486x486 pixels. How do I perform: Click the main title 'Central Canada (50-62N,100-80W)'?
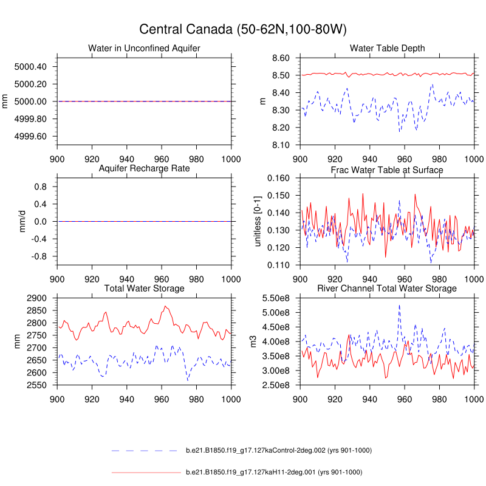pyautogui.click(x=243, y=29)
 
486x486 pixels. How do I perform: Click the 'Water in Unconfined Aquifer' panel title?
pyautogui.click(x=144, y=48)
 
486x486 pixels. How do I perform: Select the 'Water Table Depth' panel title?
pyautogui.click(x=387, y=48)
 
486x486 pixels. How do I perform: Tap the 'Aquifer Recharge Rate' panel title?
pyautogui.click(x=144, y=168)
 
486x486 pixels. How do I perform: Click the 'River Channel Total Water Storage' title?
pyautogui.click(x=387, y=288)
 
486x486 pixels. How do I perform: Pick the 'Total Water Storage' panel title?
pyautogui.click(x=144, y=288)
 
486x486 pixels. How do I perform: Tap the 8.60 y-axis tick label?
pyautogui.click(x=283, y=58)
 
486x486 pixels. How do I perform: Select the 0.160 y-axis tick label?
pyautogui.click(x=281, y=179)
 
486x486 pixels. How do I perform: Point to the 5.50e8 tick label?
pyautogui.click(x=278, y=298)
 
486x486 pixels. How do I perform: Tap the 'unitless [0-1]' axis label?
pyautogui.click(x=257, y=221)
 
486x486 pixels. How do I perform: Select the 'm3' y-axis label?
pyautogui.click(x=263, y=341)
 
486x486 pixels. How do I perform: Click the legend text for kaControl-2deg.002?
pyautogui.click(x=278, y=450)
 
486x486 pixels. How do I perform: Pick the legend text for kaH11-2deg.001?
pyautogui.click(x=273, y=472)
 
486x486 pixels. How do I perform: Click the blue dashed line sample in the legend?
pyautogui.click(x=146, y=451)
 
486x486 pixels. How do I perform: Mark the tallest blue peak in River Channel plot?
pyautogui.click(x=399, y=305)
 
